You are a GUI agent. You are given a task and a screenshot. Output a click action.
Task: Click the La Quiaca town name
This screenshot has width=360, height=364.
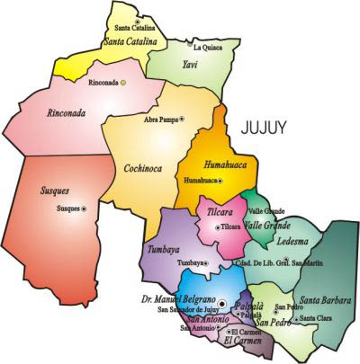coord(209,47)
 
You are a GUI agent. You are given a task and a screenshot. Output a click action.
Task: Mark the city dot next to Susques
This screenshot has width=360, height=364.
coord(85,209)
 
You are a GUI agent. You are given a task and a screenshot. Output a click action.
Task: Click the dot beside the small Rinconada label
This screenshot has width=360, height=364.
coord(123,82)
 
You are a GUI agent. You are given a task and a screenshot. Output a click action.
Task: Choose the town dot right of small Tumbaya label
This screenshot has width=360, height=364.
coord(206,262)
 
